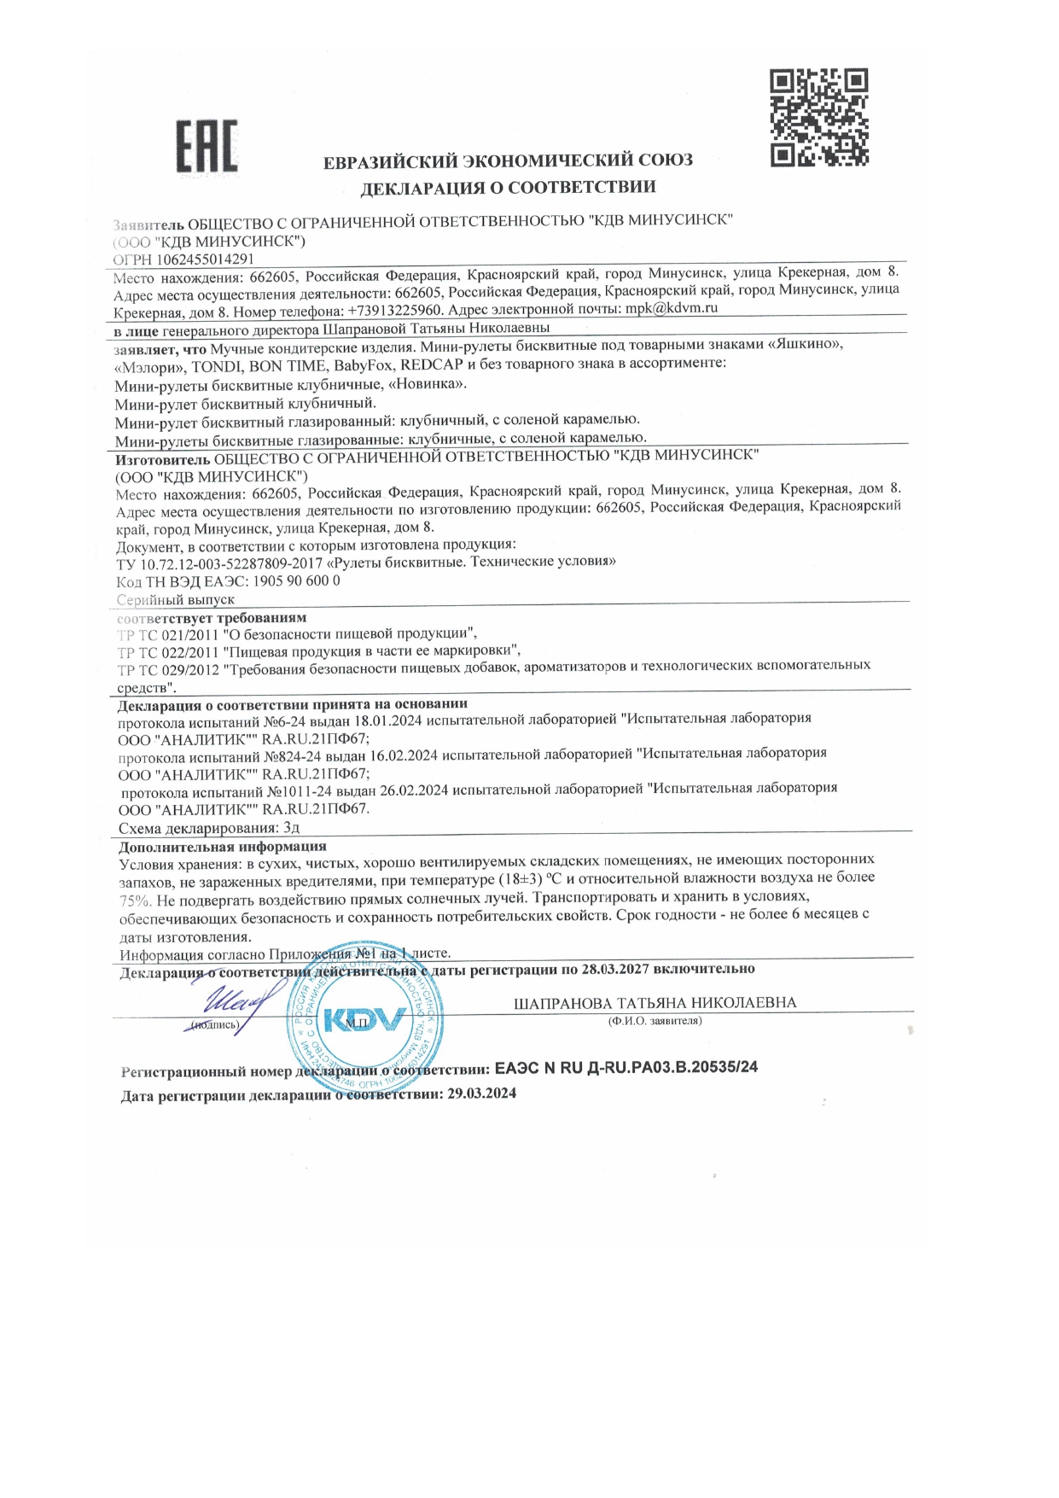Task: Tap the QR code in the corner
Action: point(818,118)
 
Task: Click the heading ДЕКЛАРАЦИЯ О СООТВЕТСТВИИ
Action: point(508,187)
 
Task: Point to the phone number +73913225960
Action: point(395,311)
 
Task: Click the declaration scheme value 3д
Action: point(291,828)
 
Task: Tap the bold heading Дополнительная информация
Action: point(223,847)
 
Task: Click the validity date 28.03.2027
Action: point(616,969)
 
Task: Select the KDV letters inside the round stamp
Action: point(364,1019)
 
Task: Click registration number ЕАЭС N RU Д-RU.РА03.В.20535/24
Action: point(626,1068)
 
